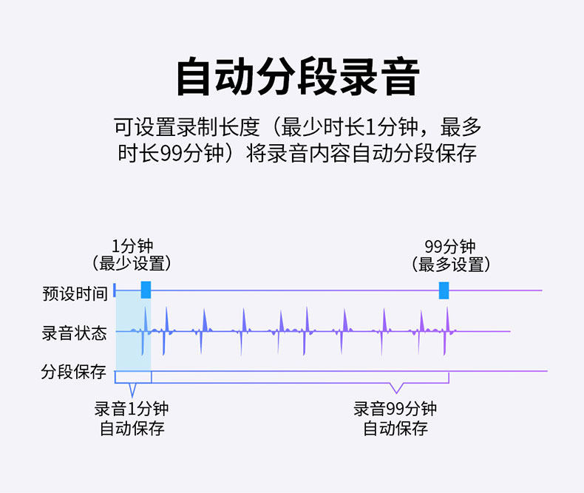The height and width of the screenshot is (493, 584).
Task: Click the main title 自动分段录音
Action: [297, 77]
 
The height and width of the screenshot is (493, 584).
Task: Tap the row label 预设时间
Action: [75, 293]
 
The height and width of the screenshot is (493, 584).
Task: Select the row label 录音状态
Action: [75, 333]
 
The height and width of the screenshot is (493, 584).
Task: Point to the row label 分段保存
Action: [75, 372]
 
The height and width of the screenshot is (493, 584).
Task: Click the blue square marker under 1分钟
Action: [146, 290]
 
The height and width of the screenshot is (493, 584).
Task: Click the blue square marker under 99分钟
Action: [444, 290]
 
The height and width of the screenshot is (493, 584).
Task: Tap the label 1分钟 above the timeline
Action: [132, 246]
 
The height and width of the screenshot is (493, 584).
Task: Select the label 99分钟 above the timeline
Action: [450, 246]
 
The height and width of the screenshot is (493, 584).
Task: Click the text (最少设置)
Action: [132, 263]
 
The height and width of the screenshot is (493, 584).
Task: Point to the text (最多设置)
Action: [450, 263]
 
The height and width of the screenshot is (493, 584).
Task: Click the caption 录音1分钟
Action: [132, 409]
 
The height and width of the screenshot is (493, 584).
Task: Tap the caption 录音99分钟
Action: [395, 409]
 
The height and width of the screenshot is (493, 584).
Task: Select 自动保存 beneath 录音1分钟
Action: [132, 428]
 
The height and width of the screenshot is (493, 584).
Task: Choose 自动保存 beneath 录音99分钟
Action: [395, 428]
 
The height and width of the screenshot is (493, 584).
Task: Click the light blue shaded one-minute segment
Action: [133, 333]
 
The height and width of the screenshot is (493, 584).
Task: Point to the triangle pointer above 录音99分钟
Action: [396, 389]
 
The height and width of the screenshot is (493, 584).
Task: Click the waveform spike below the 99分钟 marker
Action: [447, 329]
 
